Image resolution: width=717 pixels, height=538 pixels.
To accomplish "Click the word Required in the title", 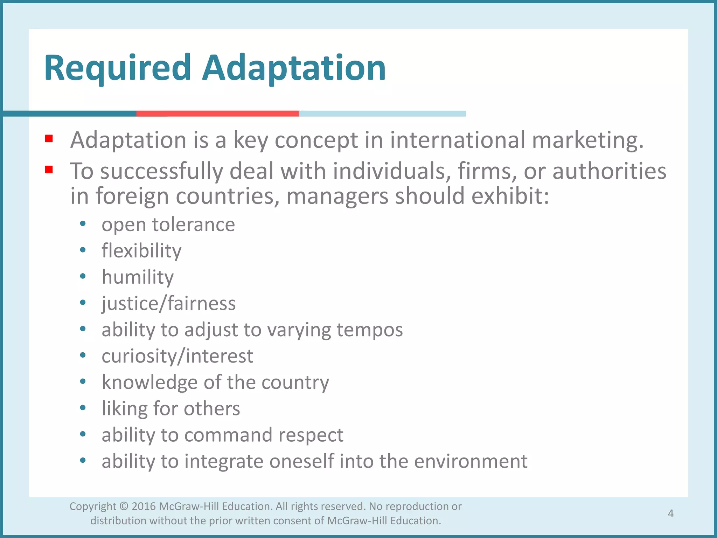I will [x=118, y=68].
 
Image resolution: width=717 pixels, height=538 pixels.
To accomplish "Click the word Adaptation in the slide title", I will [x=294, y=68].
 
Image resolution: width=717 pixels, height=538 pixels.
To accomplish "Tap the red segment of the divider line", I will [x=217, y=113].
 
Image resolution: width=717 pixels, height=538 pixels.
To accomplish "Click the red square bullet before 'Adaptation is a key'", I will [x=49, y=139].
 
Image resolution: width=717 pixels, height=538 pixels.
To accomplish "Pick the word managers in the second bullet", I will [x=337, y=196].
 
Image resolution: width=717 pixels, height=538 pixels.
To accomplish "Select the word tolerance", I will [x=193, y=225].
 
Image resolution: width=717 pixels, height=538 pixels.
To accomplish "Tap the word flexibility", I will [x=141, y=251].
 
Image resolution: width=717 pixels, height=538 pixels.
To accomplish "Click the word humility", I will [x=138, y=277].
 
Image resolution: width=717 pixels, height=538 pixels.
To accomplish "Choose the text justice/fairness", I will [x=168, y=303].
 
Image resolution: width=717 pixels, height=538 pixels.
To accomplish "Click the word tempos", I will [x=370, y=330].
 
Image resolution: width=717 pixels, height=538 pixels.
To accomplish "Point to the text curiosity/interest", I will [x=177, y=356].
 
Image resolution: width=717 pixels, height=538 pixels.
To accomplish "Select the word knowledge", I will [x=149, y=382].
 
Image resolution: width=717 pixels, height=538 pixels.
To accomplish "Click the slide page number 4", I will [x=670, y=513].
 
